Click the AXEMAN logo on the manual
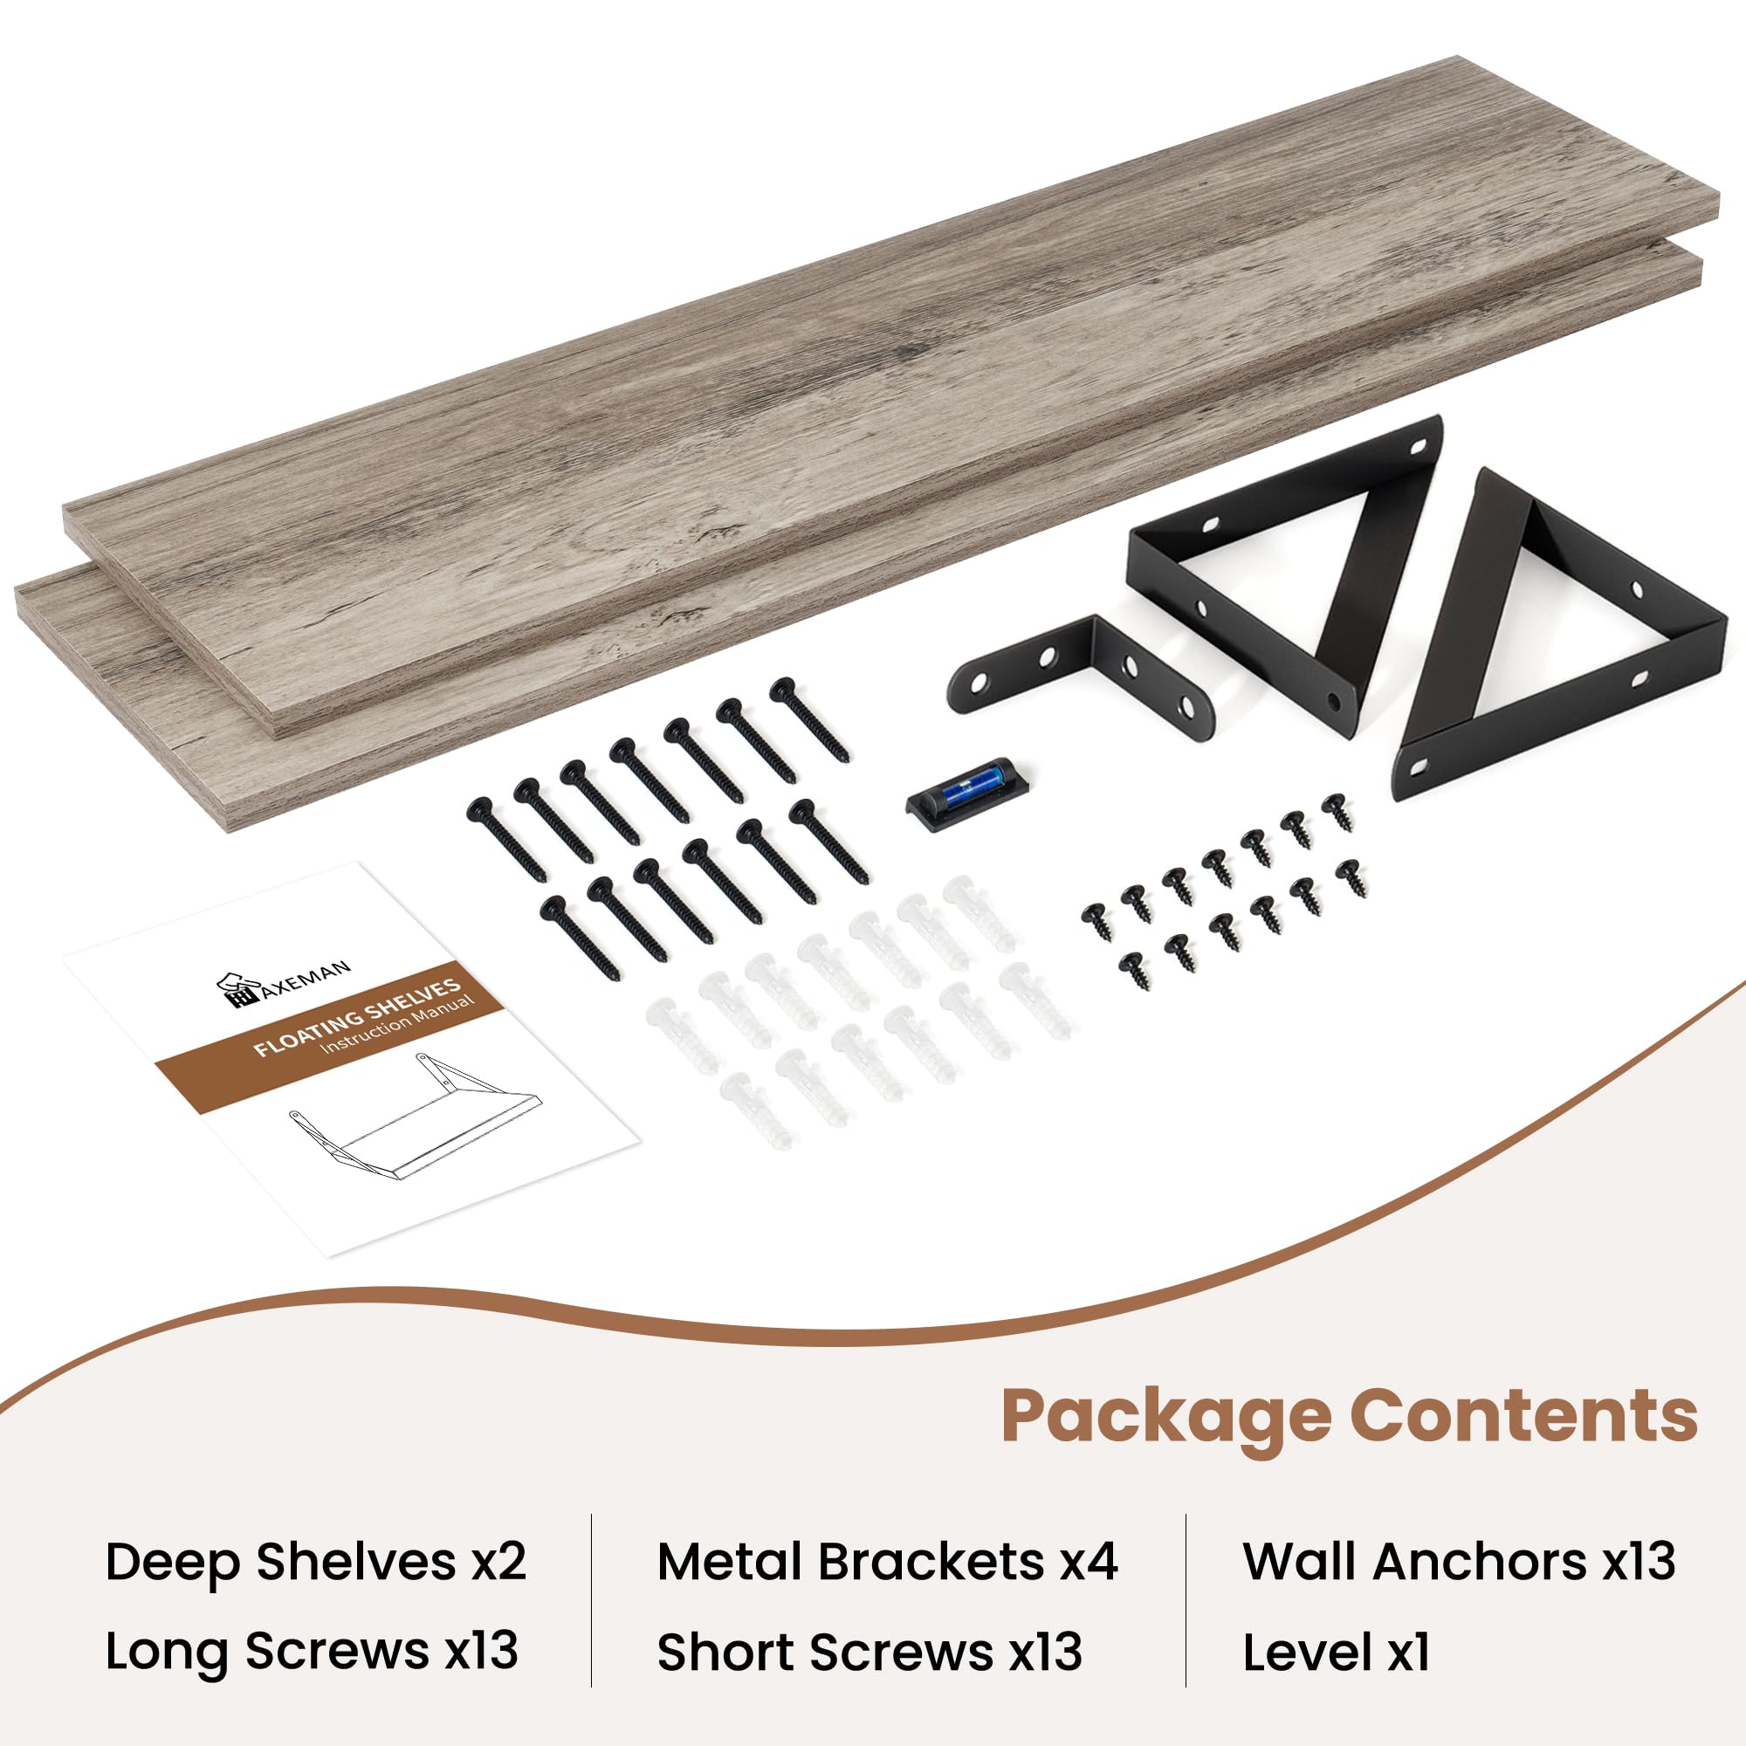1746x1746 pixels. (283, 983)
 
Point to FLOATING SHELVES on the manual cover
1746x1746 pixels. (358, 1017)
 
